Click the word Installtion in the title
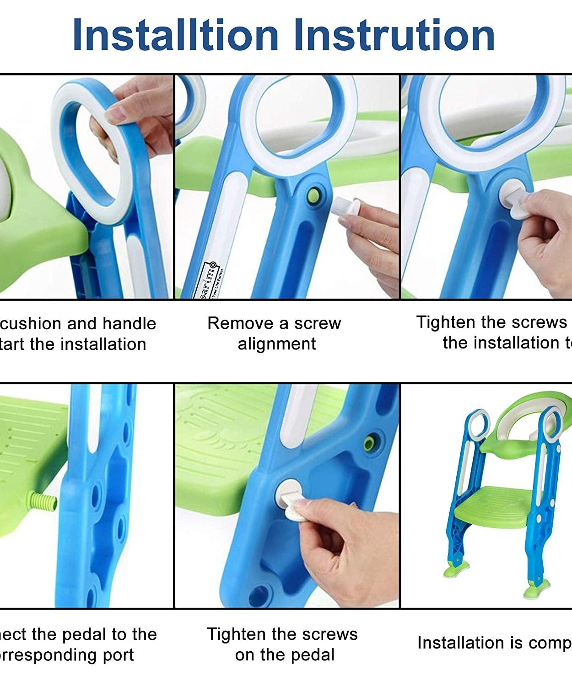[176, 36]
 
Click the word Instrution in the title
[394, 36]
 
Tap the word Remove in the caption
[239, 323]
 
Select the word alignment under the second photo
[276, 344]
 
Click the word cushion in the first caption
[30, 324]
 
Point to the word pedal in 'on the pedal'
[311, 655]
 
